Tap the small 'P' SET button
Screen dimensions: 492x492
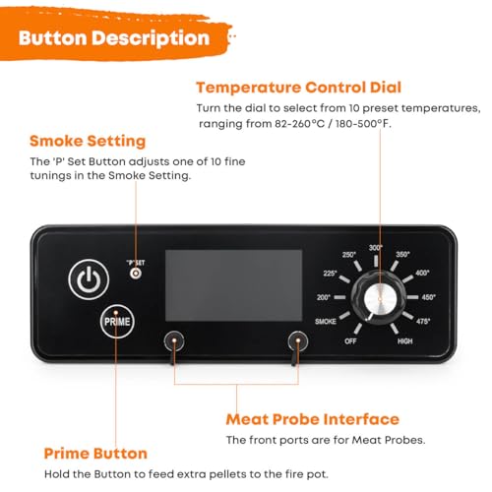tap(136, 272)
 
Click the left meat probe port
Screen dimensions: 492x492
tap(173, 339)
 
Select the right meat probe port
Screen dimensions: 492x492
tap(294, 339)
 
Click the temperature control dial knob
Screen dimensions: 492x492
tap(374, 297)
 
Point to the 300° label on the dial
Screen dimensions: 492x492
tap(375, 247)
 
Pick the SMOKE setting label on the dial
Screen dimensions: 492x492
tap(327, 321)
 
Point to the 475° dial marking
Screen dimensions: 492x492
tap(424, 321)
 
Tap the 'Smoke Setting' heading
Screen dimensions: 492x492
tap(88, 141)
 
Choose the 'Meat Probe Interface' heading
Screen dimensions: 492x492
tap(313, 419)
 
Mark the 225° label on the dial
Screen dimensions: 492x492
tap(330, 274)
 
